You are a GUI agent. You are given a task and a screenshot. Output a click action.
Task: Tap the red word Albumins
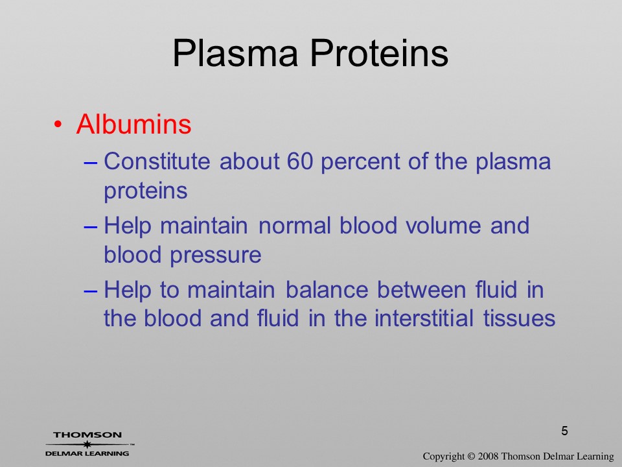[x=133, y=124]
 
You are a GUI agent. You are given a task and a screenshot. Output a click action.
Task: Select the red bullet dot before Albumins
[x=58, y=125]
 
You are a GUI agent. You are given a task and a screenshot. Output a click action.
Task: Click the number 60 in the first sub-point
[x=299, y=162]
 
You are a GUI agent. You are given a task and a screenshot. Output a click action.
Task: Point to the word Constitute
[x=157, y=162]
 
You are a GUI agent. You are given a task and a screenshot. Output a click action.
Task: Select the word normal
[x=294, y=226]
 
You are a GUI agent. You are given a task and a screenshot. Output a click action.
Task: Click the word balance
[x=327, y=289]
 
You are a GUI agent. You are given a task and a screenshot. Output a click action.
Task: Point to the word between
[x=422, y=289]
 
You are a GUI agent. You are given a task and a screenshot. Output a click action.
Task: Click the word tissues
[x=519, y=318]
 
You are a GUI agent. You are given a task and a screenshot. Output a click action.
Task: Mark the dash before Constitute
[x=91, y=162]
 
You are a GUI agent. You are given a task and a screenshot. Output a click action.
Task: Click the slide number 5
[x=564, y=431]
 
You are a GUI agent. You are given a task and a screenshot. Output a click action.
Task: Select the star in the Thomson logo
[x=87, y=444]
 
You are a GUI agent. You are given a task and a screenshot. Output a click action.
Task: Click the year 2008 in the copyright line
[x=488, y=457]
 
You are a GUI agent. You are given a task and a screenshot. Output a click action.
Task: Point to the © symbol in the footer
[x=471, y=457]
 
